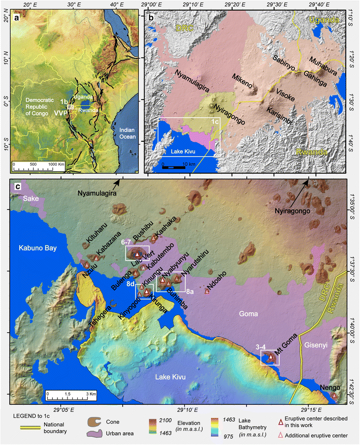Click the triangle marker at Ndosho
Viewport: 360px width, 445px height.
pyautogui.click(x=207, y=291)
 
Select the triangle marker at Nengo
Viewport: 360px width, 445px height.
pyautogui.click(x=334, y=395)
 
